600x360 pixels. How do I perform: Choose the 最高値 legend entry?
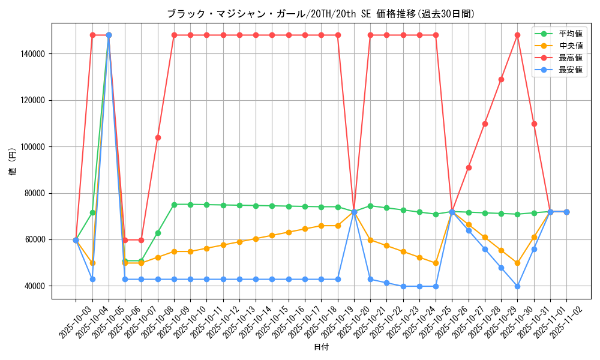coord(571,58)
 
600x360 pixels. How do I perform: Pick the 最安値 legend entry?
coord(571,70)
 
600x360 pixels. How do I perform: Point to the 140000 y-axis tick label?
coord(33,54)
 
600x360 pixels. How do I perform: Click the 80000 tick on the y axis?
coord(35,193)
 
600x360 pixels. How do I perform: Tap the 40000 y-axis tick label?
coord(35,286)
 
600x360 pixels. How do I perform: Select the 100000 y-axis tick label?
coord(33,147)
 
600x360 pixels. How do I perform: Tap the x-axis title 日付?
coord(321,347)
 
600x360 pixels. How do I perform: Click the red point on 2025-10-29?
coord(501,79)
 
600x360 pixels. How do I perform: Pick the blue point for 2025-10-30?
coord(517,286)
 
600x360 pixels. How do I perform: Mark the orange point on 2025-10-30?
coord(517,263)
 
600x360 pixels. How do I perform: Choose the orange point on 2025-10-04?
coord(92,263)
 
